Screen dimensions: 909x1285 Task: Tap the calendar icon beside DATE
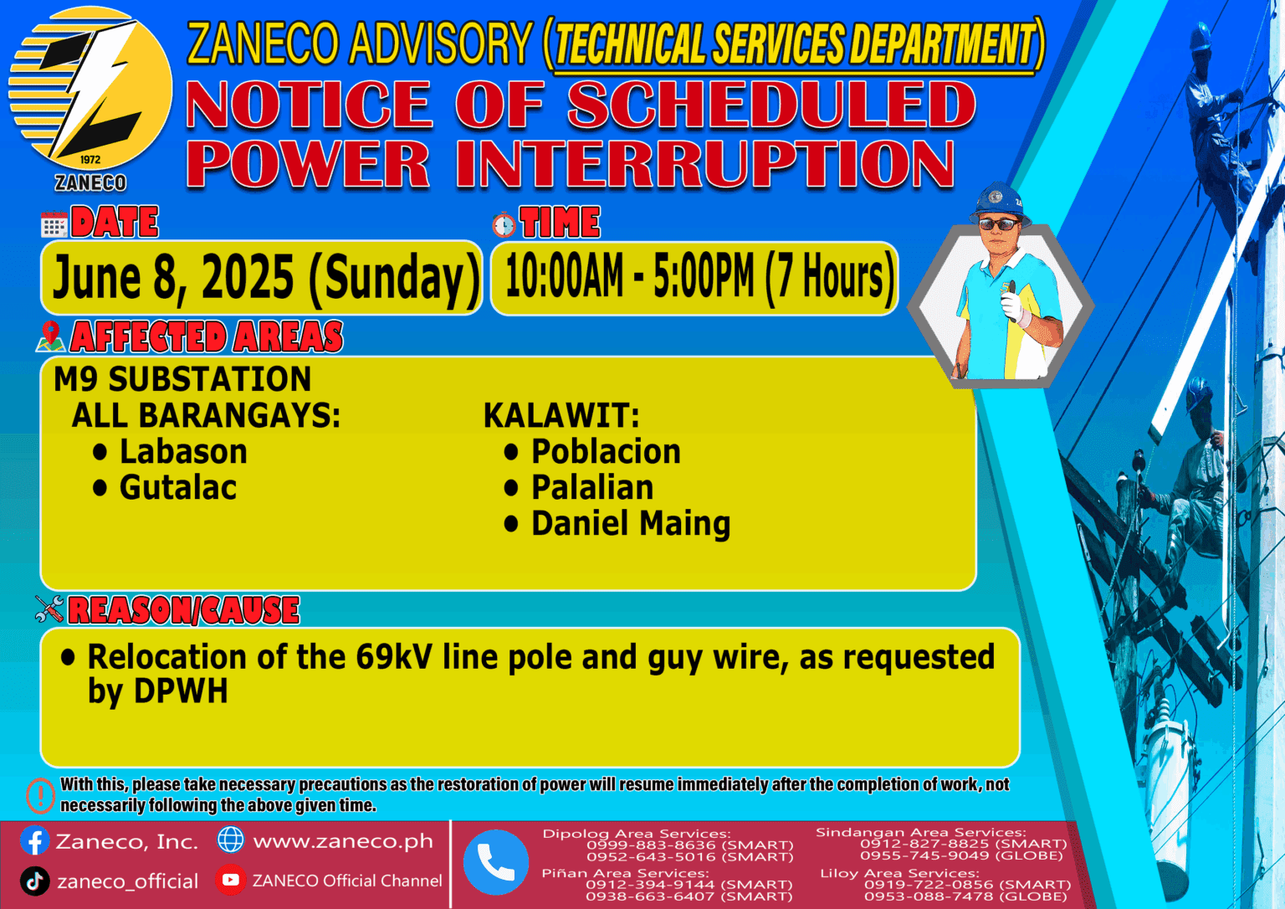coord(54,224)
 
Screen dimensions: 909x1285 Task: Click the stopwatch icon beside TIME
coord(504,224)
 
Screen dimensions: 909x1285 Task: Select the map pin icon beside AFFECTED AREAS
coord(50,336)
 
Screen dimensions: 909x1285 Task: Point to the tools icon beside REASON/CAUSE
coord(49,609)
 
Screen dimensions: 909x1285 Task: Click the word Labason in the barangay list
coord(183,452)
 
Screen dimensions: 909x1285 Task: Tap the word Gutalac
coord(177,488)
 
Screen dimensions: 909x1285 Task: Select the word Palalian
coord(592,488)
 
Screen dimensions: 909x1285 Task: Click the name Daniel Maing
coord(631,524)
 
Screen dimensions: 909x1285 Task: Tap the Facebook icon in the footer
coord(35,840)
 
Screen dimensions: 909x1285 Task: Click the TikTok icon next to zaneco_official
coord(35,881)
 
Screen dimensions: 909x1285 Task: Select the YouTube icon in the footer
coord(230,880)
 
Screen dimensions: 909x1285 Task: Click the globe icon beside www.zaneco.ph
coord(231,840)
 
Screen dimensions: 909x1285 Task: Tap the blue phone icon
coord(496,862)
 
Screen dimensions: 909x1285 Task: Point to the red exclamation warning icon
coord(40,795)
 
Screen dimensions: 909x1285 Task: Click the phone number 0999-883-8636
coord(651,845)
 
